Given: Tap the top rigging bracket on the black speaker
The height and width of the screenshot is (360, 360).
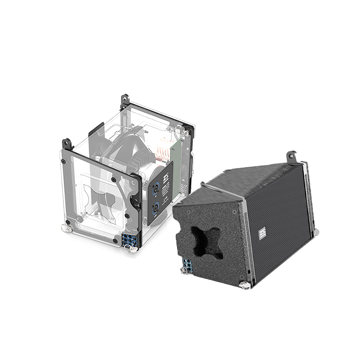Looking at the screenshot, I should coord(292,156).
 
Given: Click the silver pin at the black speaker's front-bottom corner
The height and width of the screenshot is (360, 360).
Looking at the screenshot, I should coord(245,285).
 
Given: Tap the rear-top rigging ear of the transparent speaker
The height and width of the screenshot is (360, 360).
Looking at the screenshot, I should coord(124,101).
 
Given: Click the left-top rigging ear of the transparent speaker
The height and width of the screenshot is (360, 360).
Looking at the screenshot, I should coord(67,144).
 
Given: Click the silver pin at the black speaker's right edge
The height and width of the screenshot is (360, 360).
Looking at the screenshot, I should coord(315,232).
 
